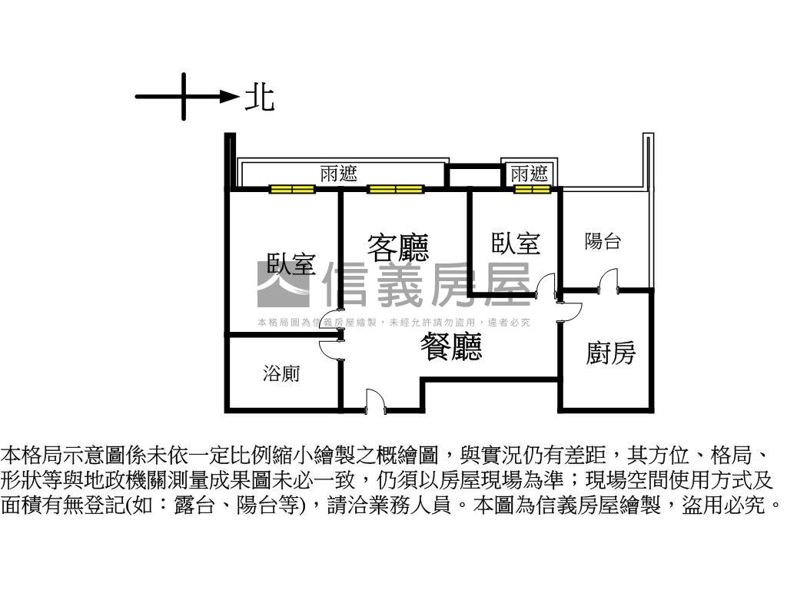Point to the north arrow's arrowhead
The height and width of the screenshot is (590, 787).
tap(229, 96)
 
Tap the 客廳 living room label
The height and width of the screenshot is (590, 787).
tap(397, 247)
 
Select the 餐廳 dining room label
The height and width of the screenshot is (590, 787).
tap(451, 347)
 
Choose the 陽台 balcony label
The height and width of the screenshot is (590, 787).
tap(603, 242)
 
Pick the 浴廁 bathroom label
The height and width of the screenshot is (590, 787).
tap(281, 374)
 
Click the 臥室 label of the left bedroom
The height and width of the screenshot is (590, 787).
tap(291, 264)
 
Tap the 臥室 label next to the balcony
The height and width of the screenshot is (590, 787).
tap(516, 244)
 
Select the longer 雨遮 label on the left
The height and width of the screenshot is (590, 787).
tap(339, 174)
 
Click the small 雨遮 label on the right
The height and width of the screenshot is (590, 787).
tap(530, 174)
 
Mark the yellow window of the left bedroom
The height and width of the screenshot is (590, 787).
tap(291, 189)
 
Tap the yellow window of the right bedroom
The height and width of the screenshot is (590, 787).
tap(533, 189)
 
